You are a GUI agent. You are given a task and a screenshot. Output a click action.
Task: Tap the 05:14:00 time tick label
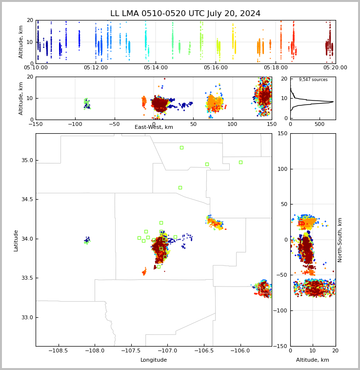tap(156, 68)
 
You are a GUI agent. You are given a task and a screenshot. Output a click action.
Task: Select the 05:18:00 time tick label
tap(276, 68)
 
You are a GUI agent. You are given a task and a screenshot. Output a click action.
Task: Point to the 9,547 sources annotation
tap(313, 80)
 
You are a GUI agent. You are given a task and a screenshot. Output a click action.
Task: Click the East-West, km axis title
tap(154, 127)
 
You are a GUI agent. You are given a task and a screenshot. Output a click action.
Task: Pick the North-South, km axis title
tap(340, 240)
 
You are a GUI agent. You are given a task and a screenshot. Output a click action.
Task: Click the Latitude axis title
tap(16, 241)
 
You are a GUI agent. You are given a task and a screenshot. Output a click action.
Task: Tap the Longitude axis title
tap(154, 360)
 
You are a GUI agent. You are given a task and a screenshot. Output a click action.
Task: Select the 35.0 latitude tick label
tap(27, 161)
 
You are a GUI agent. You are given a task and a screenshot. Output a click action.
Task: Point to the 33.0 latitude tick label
tap(27, 317)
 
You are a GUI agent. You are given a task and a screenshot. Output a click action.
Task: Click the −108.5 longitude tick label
tap(58, 350)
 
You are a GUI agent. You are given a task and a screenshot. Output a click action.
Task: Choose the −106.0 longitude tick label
tap(240, 350)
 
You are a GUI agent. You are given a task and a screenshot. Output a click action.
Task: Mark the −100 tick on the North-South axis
tap(280, 310)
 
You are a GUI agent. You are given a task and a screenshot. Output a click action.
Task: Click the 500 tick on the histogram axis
tap(320, 124)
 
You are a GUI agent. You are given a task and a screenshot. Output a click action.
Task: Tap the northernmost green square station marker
tap(182, 148)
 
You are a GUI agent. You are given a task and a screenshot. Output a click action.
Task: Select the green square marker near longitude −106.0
tap(240, 163)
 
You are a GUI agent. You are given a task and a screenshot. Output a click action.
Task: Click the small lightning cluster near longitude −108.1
tap(87, 240)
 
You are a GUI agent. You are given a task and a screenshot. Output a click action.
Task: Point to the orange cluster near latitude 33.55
tap(144, 271)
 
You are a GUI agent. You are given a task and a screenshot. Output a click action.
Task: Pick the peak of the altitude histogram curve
tap(333, 102)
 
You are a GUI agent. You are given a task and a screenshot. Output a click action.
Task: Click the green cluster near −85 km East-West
tap(87, 104)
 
